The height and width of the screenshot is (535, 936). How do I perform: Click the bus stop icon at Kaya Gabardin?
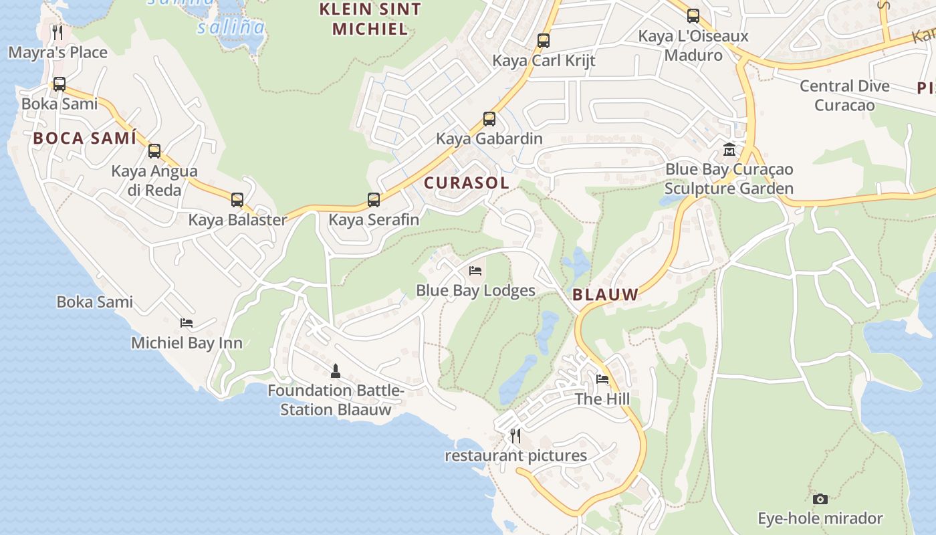click(489, 119)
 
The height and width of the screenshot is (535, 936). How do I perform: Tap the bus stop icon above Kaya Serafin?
click(374, 200)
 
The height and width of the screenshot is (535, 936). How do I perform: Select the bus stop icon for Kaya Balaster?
click(237, 199)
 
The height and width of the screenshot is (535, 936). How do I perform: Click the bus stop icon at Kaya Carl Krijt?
click(544, 41)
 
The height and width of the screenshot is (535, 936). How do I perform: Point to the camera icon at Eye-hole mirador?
click(820, 499)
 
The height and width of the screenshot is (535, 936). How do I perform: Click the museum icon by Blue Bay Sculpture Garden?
click(729, 150)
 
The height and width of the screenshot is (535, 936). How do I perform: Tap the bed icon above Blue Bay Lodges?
click(475, 271)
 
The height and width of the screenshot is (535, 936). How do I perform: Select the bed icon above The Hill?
click(602, 380)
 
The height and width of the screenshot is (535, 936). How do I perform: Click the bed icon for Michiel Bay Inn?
click(187, 323)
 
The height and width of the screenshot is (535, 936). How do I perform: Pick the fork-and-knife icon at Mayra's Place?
click(57, 33)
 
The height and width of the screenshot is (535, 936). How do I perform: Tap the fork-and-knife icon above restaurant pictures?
click(515, 436)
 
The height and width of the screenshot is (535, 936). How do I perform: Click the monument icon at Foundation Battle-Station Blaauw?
click(336, 370)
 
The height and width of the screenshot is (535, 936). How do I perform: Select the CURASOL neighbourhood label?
click(467, 183)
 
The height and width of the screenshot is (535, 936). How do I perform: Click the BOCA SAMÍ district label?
click(85, 138)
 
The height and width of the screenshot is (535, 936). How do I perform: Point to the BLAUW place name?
click(605, 294)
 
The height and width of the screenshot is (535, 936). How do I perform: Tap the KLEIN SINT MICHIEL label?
click(370, 19)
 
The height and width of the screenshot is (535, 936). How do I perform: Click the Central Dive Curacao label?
click(844, 96)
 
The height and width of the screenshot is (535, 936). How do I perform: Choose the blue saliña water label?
click(231, 27)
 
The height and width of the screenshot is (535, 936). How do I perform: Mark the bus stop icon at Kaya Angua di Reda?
click(154, 151)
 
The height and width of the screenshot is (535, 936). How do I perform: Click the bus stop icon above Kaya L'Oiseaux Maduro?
click(693, 16)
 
